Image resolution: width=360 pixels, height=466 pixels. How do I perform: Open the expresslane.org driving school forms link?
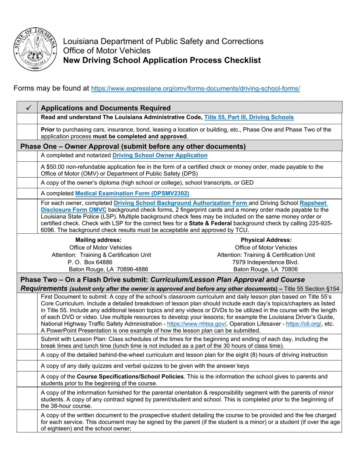coord(196,89)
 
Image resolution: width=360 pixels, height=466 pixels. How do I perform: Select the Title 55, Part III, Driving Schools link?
coord(249,117)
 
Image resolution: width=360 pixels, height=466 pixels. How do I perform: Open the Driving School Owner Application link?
coord(160,155)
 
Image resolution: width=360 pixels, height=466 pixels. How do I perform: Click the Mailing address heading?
coord(99,240)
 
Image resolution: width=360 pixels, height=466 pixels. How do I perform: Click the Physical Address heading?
coord(266,240)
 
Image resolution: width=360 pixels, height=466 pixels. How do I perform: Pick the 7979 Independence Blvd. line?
coord(266,262)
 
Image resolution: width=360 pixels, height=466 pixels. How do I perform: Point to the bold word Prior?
coord(48,130)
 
